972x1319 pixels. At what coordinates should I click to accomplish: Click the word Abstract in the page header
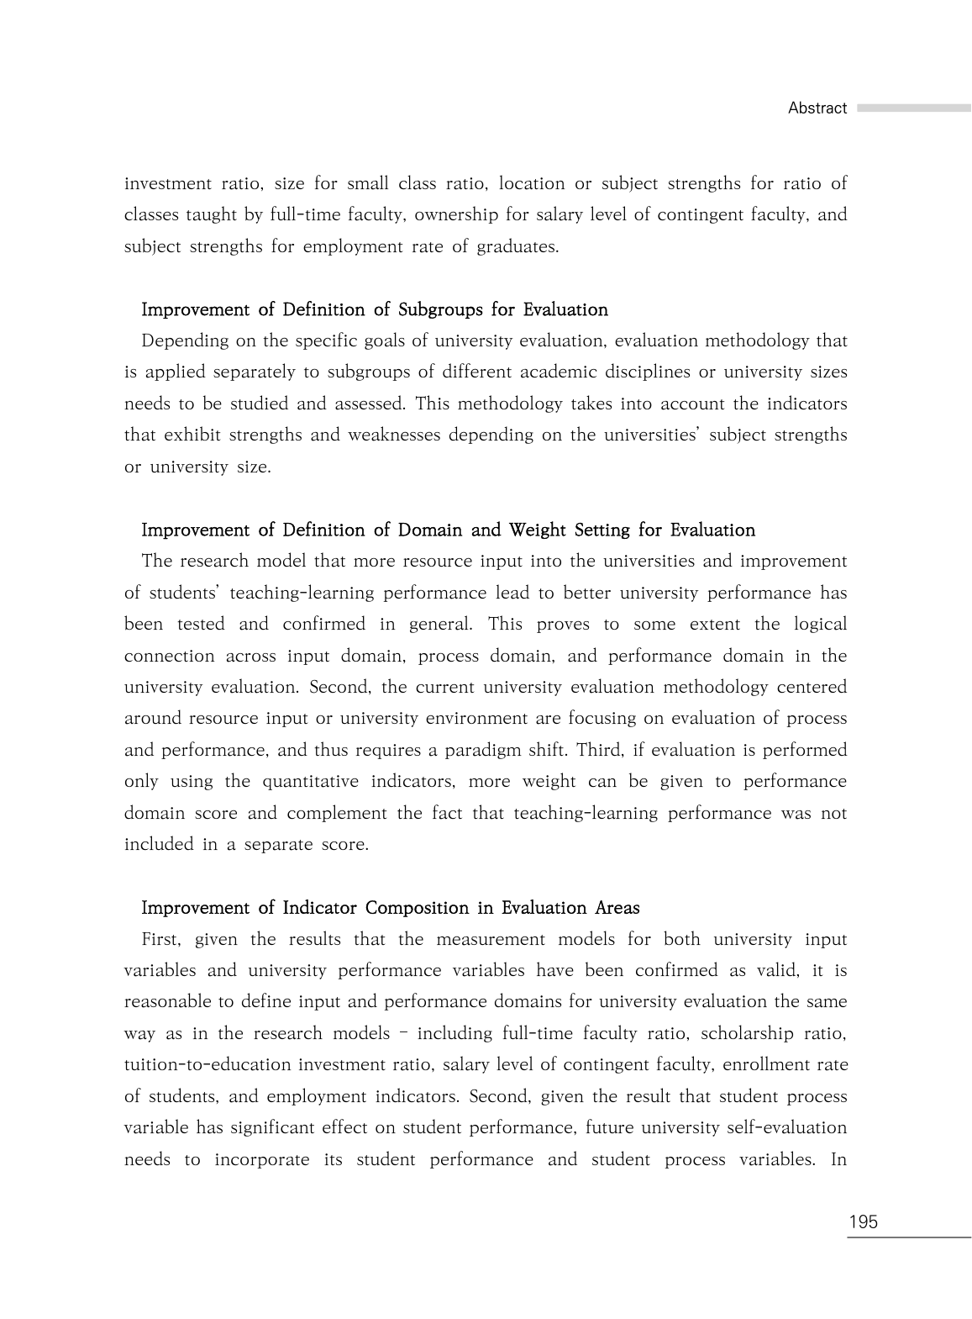click(817, 108)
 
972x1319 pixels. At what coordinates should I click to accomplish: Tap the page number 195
click(863, 1222)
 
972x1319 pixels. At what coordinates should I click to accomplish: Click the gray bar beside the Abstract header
click(913, 108)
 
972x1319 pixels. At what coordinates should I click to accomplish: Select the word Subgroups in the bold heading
click(440, 310)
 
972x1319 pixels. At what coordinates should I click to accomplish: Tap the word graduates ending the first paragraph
click(517, 246)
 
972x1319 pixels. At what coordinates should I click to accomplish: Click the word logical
click(815, 625)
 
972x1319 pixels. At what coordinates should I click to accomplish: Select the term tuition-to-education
click(208, 1065)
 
